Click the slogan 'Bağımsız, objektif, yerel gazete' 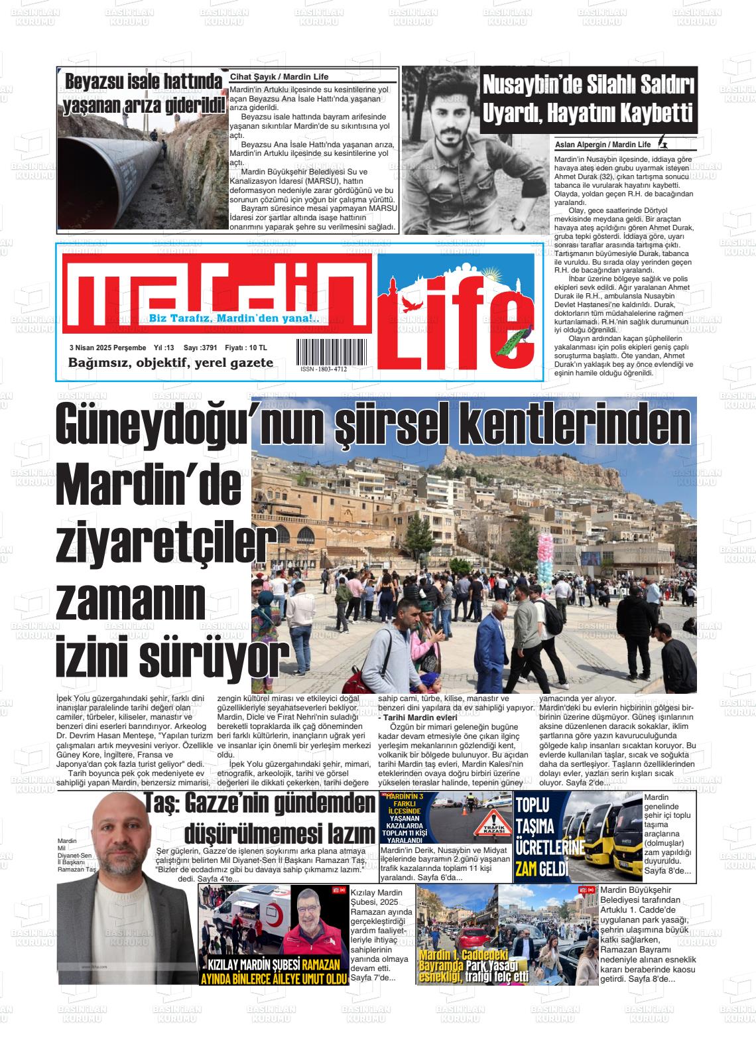(170, 362)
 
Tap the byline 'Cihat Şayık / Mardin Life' (279, 77)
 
